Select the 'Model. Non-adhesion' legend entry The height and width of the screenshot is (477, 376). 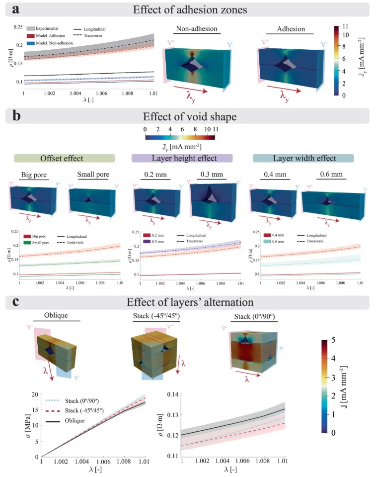(x=54, y=43)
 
